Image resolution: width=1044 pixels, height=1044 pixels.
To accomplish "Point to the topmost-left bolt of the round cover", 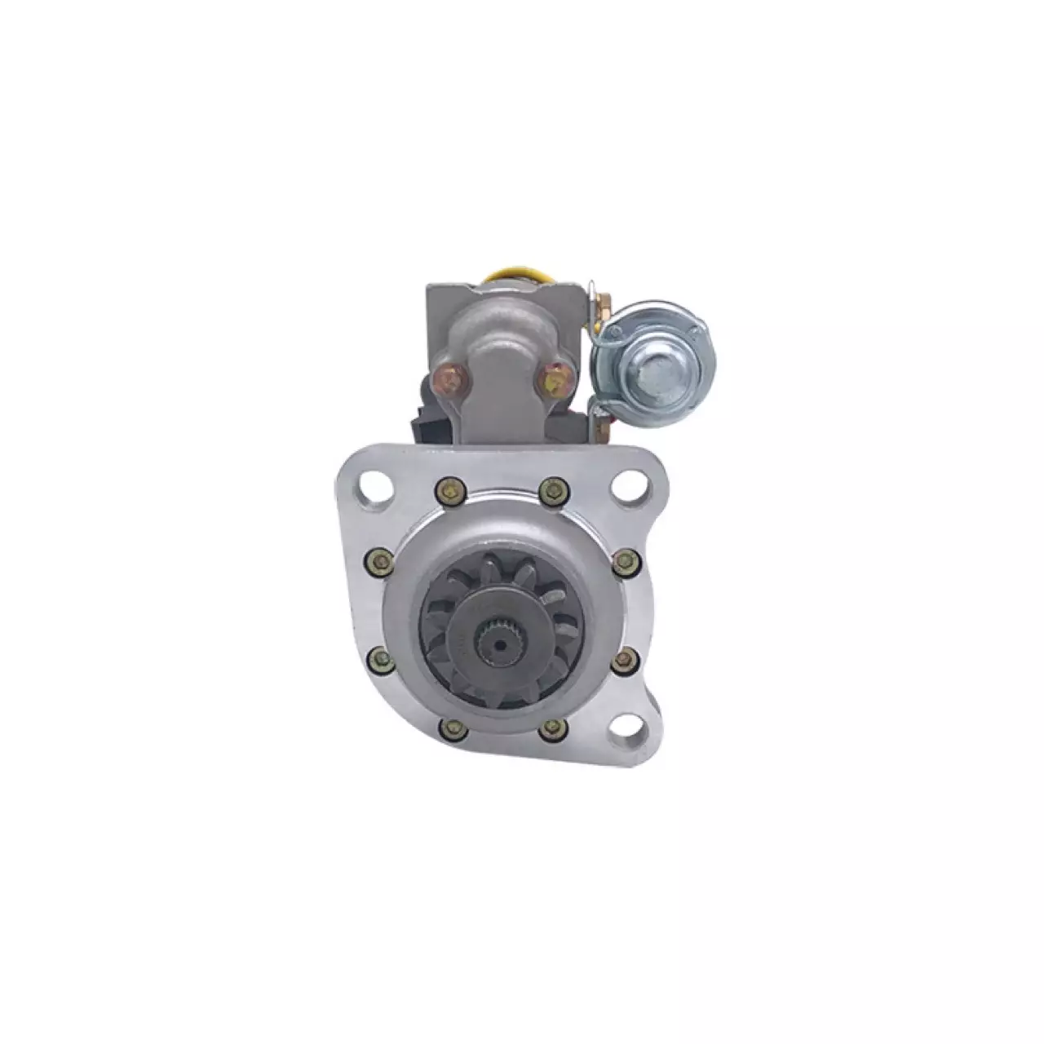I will pos(447,491).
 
